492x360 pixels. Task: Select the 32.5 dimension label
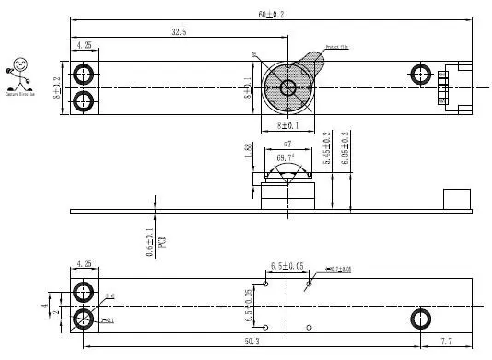[179, 32]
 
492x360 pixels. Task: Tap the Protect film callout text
[337, 46]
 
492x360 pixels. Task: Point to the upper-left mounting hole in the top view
[84, 74]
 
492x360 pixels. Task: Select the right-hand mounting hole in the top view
[420, 74]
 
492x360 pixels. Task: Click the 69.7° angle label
[286, 158]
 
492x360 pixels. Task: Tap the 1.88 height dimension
[248, 151]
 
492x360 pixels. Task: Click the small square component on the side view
[455, 200]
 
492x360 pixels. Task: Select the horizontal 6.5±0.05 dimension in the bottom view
[287, 266]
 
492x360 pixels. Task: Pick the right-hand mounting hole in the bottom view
[420, 319]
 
